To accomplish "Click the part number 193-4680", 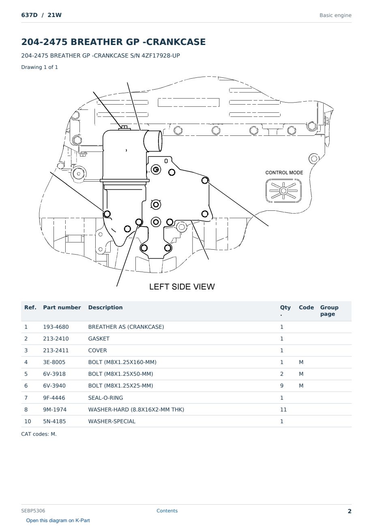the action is (56, 327).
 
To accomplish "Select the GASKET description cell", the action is (99, 338).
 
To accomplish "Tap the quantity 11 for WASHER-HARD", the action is (283, 409).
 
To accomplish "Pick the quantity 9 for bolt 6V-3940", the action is (282, 386).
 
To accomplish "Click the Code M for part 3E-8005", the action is (301, 362).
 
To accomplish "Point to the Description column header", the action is (105, 308).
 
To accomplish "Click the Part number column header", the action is (62, 308).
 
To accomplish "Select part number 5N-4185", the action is (54, 421).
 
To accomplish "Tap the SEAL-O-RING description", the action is (106, 398).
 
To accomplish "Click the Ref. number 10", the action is (28, 421).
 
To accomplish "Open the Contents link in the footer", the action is (167, 511).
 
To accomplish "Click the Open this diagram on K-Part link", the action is (58, 521).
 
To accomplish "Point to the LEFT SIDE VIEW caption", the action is (182, 287).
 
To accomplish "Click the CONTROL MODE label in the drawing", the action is (284, 173).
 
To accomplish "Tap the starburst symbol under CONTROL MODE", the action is (283, 191).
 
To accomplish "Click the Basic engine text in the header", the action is (335, 15).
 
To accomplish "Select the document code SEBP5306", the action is (33, 511).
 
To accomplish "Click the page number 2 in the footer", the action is (349, 511).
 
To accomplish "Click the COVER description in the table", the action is (97, 350).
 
